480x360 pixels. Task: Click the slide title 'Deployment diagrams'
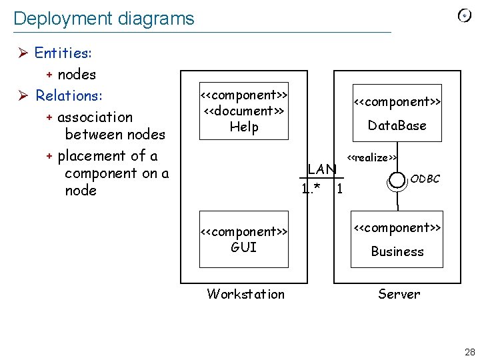coord(103,18)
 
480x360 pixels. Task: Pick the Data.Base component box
coord(397,113)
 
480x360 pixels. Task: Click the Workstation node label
coord(245,294)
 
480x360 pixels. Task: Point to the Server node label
coord(399,294)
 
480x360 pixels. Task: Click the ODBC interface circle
coord(397,180)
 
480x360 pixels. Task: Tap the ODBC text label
coord(425,179)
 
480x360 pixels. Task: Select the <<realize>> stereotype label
coord(372,157)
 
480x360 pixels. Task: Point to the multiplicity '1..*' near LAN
coord(311,189)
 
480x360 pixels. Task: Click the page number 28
coord(469,351)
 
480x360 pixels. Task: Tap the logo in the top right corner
coord(464,16)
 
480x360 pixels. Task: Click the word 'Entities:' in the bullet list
coord(63,53)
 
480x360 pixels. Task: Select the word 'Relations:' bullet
coord(69,95)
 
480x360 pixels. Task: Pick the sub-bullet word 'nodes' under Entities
coord(77,74)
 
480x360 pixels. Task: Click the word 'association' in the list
coord(95,117)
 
